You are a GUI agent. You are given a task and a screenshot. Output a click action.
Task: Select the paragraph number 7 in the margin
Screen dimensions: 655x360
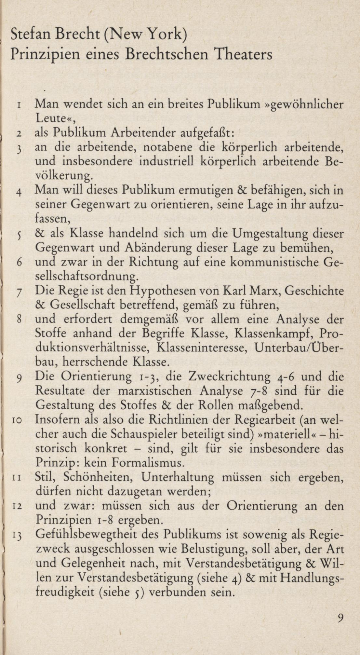click(19, 293)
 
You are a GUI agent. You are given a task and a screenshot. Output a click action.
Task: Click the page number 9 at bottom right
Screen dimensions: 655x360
click(340, 618)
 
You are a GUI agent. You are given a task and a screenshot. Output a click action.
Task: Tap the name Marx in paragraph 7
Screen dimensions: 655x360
click(265, 291)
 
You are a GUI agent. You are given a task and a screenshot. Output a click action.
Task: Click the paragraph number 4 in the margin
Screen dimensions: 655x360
click(19, 192)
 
